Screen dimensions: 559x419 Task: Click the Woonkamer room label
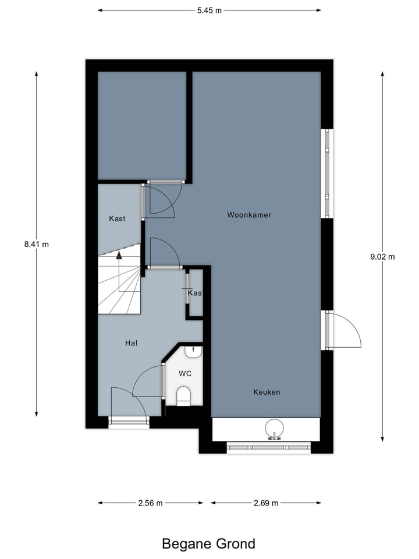click(249, 215)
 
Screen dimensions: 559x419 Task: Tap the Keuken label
click(267, 392)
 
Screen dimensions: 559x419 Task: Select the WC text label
click(185, 373)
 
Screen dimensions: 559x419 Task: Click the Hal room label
click(131, 344)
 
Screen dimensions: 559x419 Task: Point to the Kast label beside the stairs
click(117, 219)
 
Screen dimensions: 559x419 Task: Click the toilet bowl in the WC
click(184, 396)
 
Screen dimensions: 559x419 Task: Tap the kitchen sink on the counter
click(273, 429)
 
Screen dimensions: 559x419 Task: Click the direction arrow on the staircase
click(119, 254)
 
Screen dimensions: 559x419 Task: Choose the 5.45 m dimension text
click(209, 10)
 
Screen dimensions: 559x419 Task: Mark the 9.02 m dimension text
click(382, 257)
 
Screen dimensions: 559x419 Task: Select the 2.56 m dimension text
click(150, 503)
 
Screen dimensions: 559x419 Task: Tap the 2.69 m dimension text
click(266, 503)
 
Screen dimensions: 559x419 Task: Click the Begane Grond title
click(208, 544)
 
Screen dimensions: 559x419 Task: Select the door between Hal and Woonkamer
click(163, 253)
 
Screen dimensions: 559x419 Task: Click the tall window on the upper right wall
click(328, 174)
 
